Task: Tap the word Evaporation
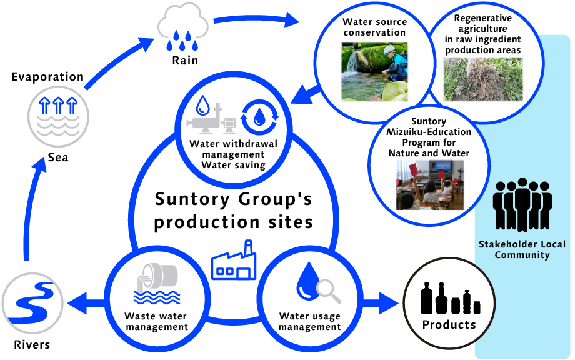point(47,77)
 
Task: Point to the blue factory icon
point(233,261)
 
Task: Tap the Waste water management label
point(156,321)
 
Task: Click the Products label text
point(449,324)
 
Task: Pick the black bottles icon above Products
point(450,298)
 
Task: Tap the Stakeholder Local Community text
point(522,249)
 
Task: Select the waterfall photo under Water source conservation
point(374,71)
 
